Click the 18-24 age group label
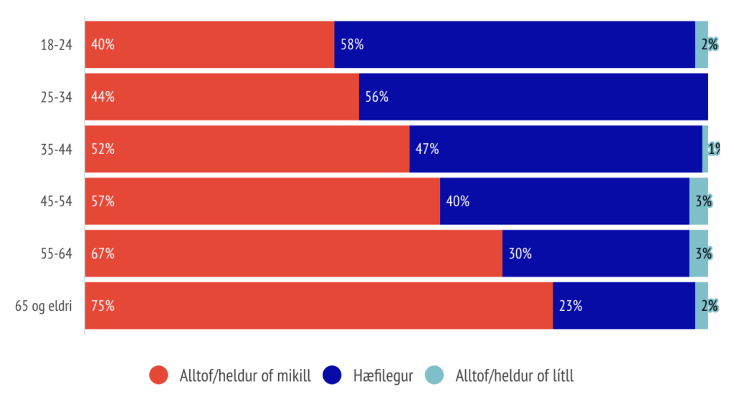[56, 44]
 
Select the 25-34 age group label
[56, 97]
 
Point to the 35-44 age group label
[56, 149]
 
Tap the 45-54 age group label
[56, 201]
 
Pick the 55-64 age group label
[56, 254]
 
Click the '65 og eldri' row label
[44, 306]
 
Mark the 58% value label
[352, 44]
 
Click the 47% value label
[427, 149]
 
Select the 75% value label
[103, 306]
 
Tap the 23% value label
[571, 306]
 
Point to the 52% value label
[103, 149]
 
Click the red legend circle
[158, 375]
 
